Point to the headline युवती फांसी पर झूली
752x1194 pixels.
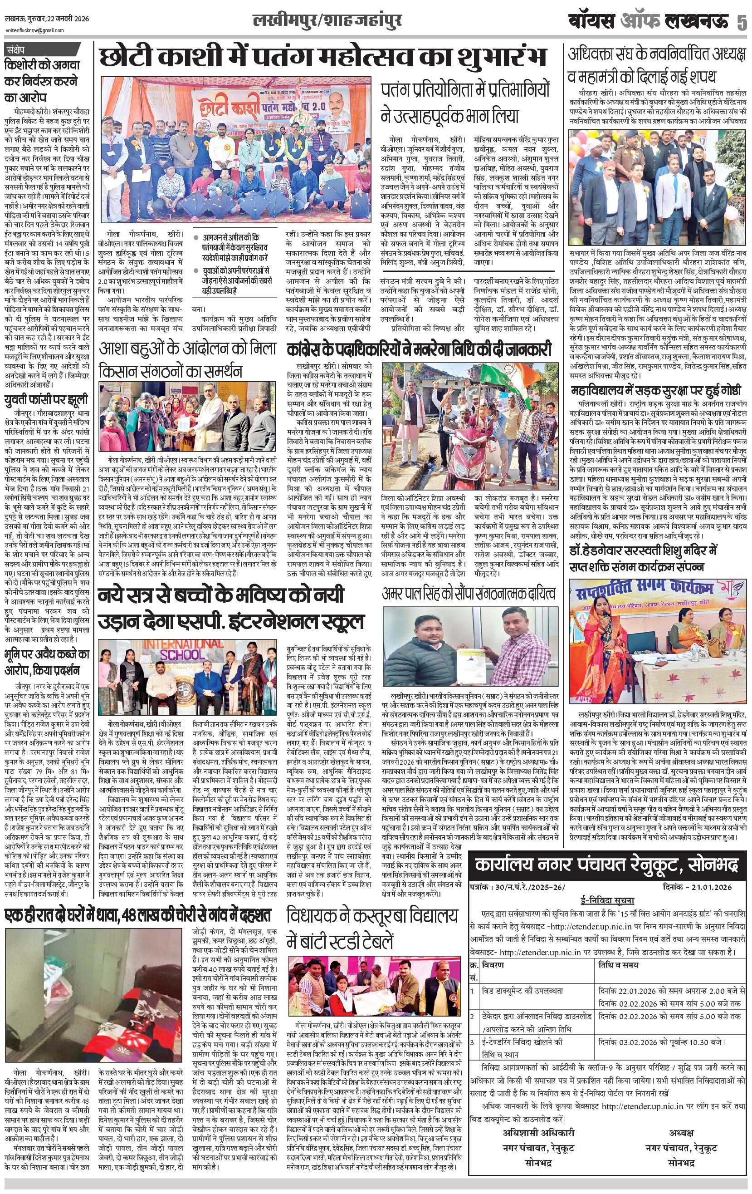point(46,400)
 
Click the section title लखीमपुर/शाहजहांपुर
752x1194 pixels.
point(327,21)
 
